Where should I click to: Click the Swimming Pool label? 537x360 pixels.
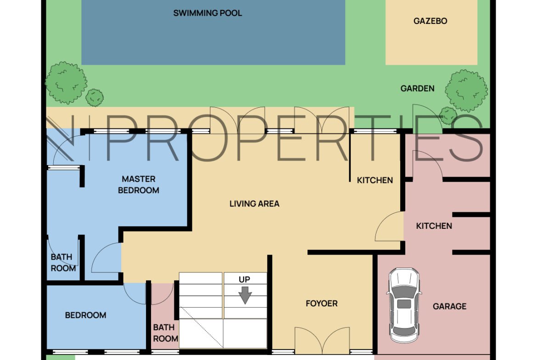[x=207, y=13]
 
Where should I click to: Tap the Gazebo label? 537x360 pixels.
[x=430, y=21]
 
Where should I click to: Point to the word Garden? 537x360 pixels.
[x=418, y=89]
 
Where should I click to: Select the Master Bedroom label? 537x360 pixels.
[x=139, y=184]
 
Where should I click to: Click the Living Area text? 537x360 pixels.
[x=254, y=204]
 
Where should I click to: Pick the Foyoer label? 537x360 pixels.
[x=322, y=303]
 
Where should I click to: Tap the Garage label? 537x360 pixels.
[x=450, y=306]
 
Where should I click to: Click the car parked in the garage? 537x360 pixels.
[x=404, y=305]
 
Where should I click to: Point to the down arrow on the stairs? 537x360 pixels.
[x=245, y=295]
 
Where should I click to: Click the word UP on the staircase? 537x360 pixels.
[x=244, y=280]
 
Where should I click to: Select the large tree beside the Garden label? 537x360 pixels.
[x=466, y=91]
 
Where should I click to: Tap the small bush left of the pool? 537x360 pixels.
[x=94, y=98]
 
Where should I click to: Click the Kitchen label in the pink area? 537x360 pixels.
[x=434, y=226]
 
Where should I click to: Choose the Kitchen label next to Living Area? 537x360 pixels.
[x=375, y=180]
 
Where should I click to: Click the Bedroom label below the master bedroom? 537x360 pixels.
[x=86, y=315]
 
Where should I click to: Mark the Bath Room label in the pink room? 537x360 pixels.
[x=165, y=333]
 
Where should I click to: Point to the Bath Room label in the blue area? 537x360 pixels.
[x=63, y=262]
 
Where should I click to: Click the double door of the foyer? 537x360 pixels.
[x=322, y=340]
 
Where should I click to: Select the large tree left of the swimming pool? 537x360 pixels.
[x=66, y=83]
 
